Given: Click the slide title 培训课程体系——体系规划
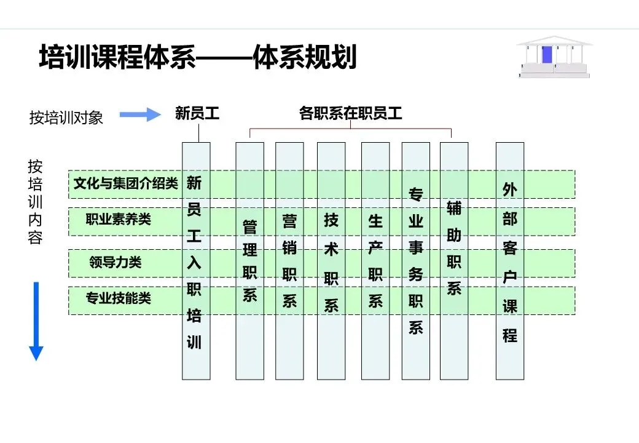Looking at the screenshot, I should coord(197,59).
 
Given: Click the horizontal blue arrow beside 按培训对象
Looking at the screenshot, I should coord(140,114).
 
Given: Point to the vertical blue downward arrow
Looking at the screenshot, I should coord(36,321).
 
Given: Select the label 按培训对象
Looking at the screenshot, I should coord(66,118).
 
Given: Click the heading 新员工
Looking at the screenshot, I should coord(197,113).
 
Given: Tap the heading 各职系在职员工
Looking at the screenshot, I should coord(350,113).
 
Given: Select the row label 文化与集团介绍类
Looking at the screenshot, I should coord(125,183).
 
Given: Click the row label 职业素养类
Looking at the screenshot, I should coord(118,218).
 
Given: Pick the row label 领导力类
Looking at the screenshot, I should coord(115,263).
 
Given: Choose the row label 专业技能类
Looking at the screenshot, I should coord(118,299).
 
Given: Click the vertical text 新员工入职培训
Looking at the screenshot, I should coord(194,263).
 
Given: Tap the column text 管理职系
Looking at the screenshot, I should coord(249,261).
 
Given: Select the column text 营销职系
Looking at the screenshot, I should coord(289,260).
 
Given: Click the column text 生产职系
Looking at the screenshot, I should coord(375,260).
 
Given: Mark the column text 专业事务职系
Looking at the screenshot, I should coord(416,261).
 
